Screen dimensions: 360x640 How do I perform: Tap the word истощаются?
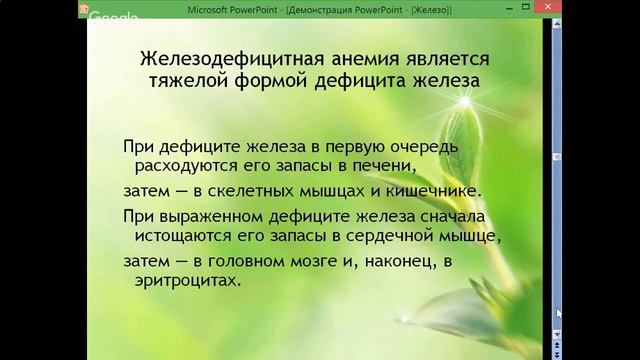[x=181, y=237]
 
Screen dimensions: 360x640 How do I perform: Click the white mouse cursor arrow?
[x=561, y=314]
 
